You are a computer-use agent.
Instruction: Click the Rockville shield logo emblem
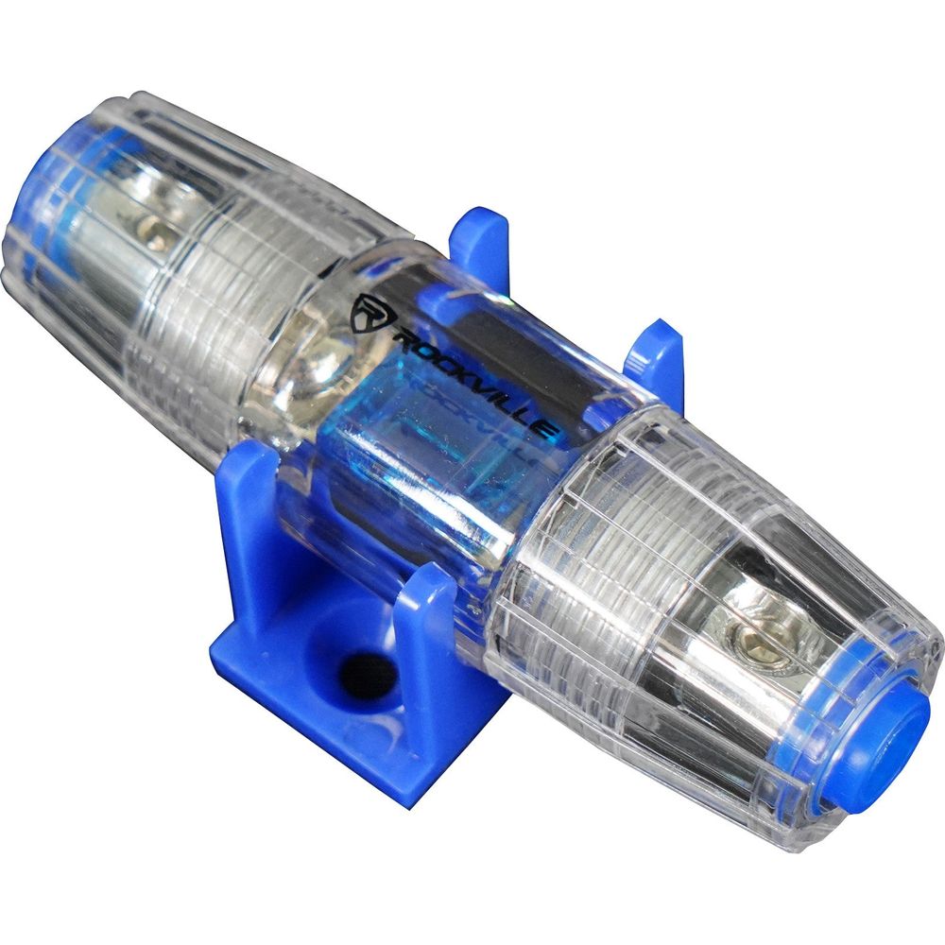pyautogui.click(x=366, y=310)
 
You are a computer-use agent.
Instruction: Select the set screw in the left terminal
pyautogui.click(x=151, y=232)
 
